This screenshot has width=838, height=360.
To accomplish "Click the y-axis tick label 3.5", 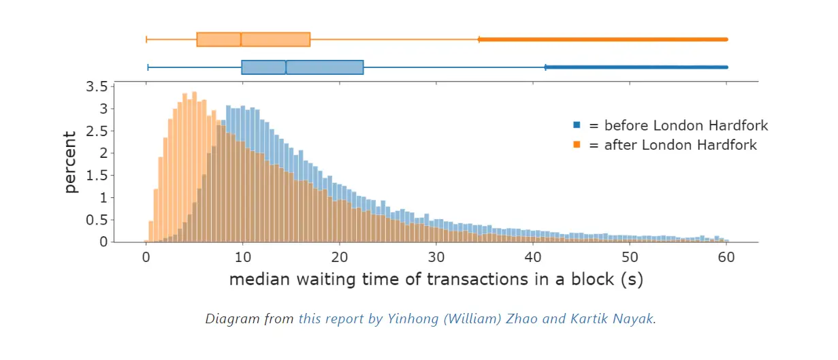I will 96,86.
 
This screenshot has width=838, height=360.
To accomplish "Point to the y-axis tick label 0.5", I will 96,220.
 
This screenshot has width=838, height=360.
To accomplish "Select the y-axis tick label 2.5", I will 96,131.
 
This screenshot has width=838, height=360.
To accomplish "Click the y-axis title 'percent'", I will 71,163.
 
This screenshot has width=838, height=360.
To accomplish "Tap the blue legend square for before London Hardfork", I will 577,125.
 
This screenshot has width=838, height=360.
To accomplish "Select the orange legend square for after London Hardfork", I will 577,145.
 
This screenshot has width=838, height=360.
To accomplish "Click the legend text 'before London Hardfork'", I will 686,125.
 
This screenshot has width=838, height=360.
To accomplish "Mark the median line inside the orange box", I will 241,39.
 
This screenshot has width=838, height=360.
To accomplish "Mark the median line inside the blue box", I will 286,67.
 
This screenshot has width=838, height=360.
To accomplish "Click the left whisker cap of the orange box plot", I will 146,39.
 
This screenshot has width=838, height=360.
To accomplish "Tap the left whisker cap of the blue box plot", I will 148,67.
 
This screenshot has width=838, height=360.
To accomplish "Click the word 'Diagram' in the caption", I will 228,318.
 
